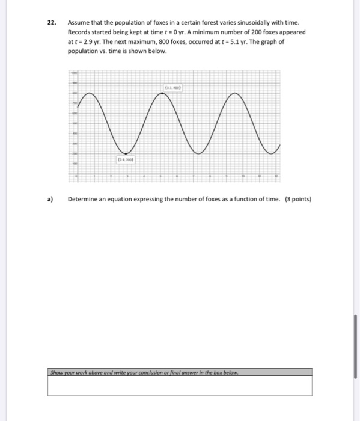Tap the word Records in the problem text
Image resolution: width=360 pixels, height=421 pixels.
(x=79, y=32)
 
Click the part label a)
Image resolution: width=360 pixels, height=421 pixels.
(x=51, y=200)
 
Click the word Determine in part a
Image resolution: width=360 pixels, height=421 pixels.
(x=83, y=200)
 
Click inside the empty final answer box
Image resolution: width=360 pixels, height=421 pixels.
(x=180, y=386)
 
